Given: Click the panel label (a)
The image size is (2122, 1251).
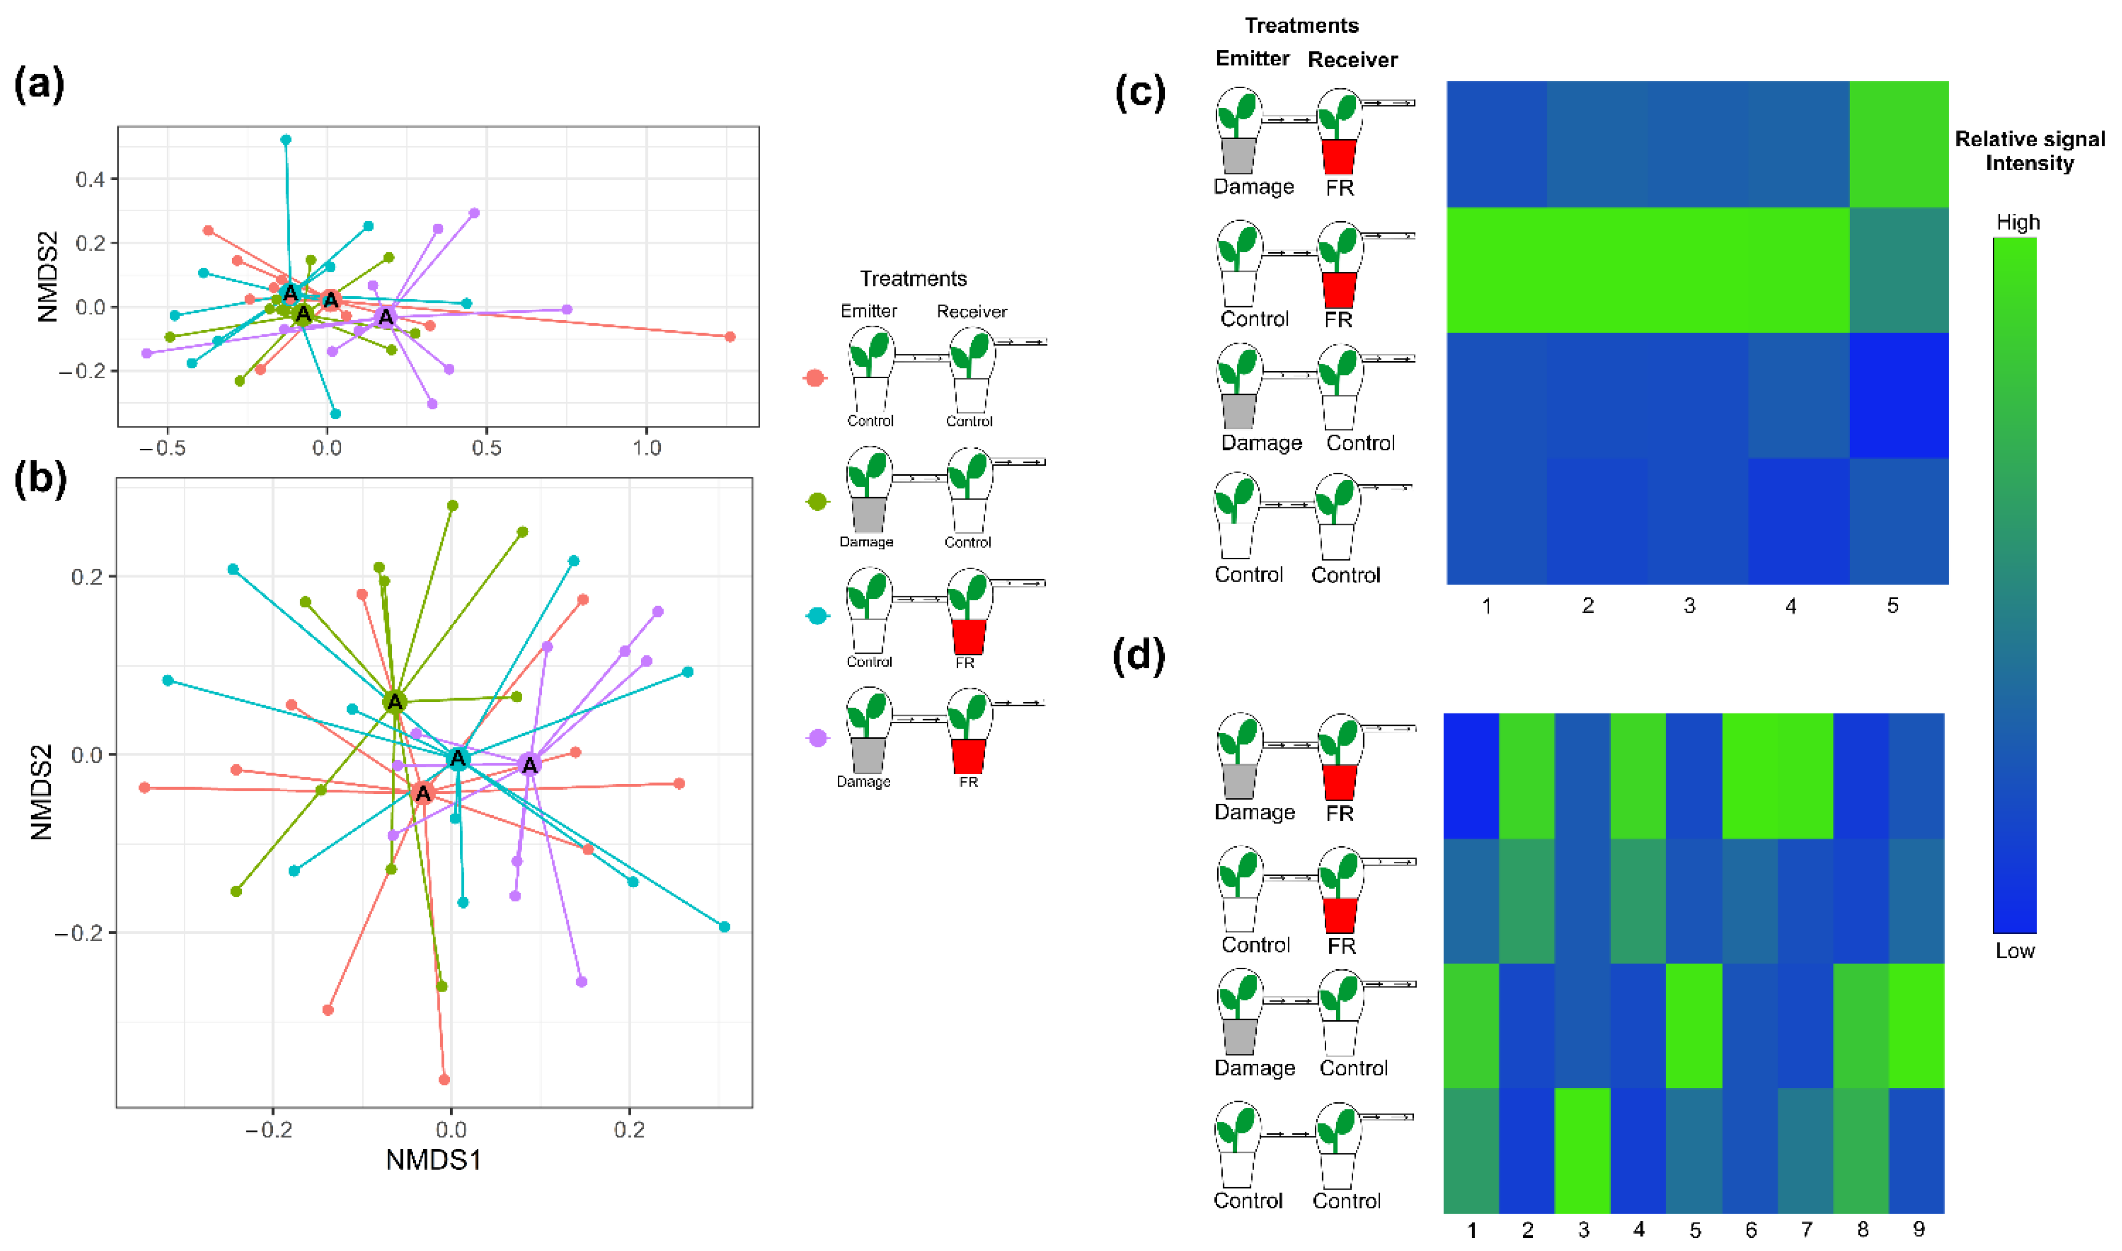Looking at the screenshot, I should pos(39,86).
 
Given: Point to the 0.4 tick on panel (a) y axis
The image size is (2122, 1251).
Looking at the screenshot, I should pos(90,178).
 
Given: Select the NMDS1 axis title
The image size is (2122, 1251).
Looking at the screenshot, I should pos(433,1160).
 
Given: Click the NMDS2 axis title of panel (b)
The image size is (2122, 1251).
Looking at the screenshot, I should pos(40,792).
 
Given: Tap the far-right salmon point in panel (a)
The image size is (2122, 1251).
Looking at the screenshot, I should pos(730,337).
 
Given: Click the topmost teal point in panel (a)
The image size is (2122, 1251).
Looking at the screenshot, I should pos(286,140).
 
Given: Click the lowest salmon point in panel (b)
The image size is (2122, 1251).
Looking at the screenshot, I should pos(444,1080).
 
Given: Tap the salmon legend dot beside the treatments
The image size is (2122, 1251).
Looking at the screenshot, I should pos(814,378).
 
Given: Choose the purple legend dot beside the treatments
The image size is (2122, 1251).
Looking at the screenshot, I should pos(817,738).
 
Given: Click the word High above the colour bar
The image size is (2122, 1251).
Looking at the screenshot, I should pos(2018,223).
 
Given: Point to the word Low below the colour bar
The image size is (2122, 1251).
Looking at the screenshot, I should pos(2015,951).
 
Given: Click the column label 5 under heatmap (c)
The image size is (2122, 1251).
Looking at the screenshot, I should pos(1893,606).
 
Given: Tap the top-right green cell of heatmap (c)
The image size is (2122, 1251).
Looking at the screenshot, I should pos(1899,144).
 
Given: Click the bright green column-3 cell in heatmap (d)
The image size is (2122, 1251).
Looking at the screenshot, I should pos(1583,1151).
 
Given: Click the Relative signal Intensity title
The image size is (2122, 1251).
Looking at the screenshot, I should pos(2029,151).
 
